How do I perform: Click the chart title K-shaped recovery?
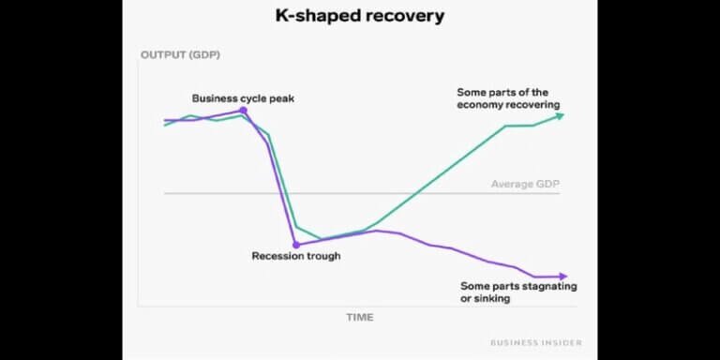(x=359, y=16)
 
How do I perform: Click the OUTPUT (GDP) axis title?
(x=179, y=55)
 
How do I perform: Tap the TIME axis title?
(x=359, y=317)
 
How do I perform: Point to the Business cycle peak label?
(x=243, y=97)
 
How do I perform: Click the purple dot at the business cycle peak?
(x=244, y=111)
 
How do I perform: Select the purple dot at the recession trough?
(x=296, y=245)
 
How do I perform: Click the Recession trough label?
(x=296, y=256)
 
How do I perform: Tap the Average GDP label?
(x=525, y=184)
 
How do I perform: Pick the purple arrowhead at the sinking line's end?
(x=562, y=276)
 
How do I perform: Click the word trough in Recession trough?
(x=322, y=256)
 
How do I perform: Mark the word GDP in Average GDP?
(x=547, y=184)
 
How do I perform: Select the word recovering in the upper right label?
(x=533, y=105)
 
